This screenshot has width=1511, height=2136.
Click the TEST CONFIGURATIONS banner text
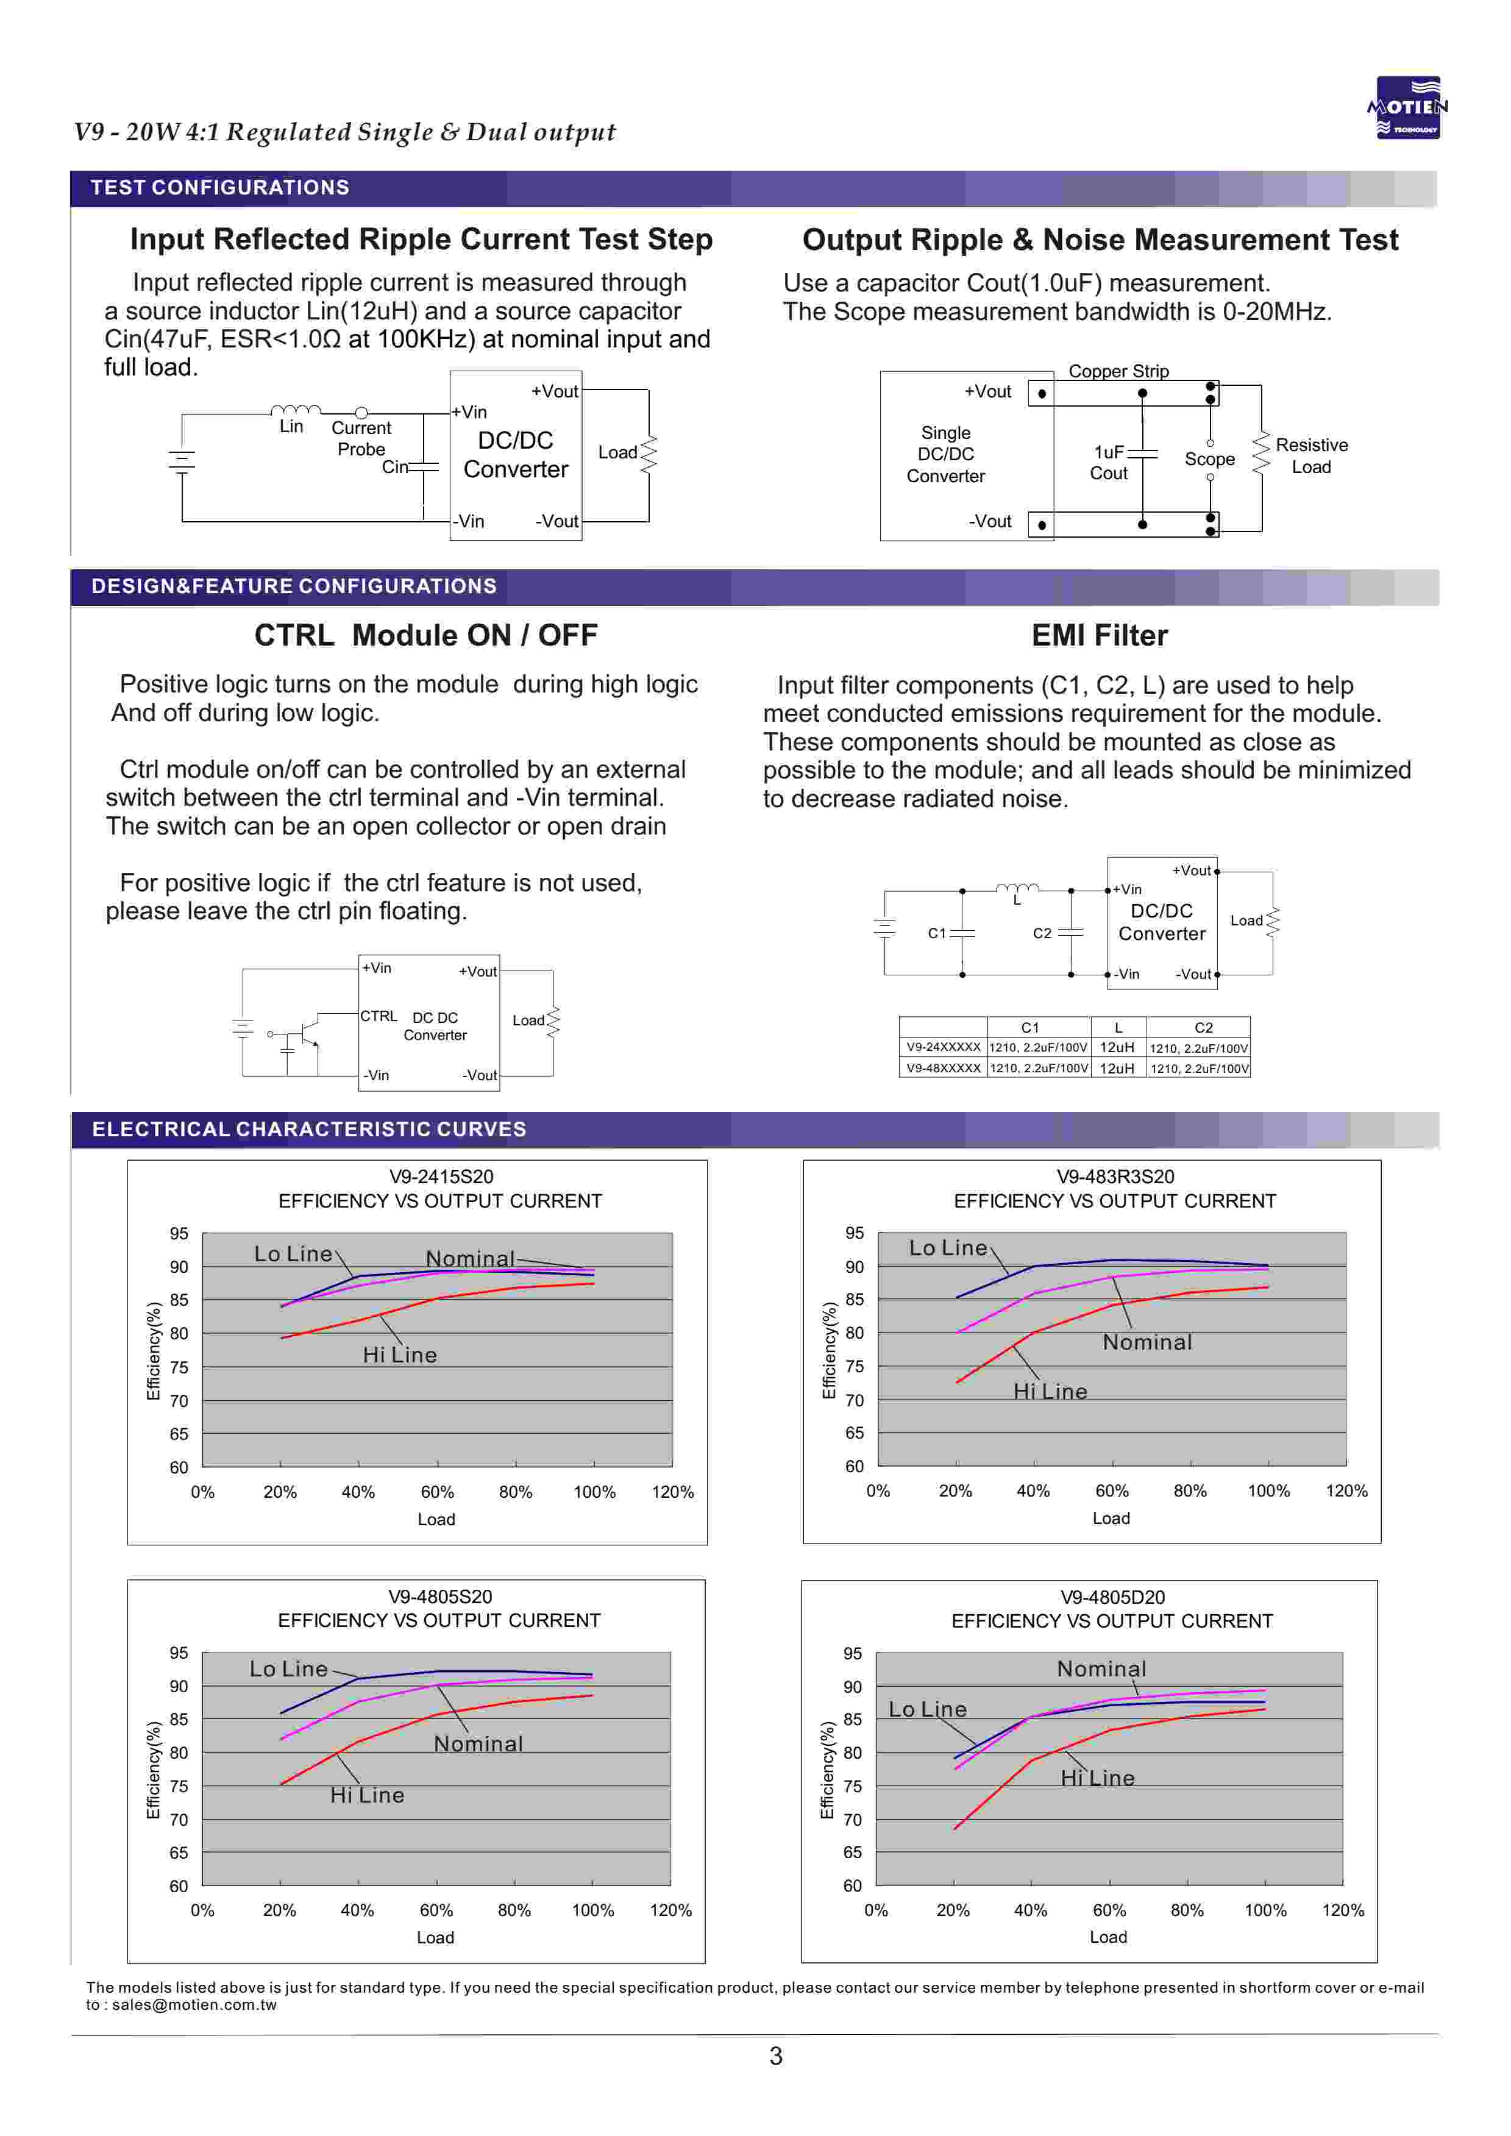pyautogui.click(x=219, y=188)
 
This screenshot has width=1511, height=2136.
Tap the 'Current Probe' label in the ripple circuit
pyautogui.click(x=361, y=438)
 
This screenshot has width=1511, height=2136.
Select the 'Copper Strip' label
pyautogui.click(x=1118, y=371)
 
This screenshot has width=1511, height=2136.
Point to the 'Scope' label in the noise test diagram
pyautogui.click(x=1209, y=460)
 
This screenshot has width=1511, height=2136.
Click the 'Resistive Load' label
pyautogui.click(x=1311, y=456)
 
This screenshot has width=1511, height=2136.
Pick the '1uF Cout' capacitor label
pyautogui.click(x=1109, y=462)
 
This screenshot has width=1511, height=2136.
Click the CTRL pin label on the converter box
pyautogui.click(x=379, y=1016)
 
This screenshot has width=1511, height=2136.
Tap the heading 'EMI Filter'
pyautogui.click(x=1099, y=635)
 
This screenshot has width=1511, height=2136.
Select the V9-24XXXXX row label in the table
pyautogui.click(x=944, y=1047)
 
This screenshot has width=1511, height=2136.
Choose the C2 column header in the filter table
pyautogui.click(x=1203, y=1028)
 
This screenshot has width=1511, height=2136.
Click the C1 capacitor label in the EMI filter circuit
pyautogui.click(x=937, y=933)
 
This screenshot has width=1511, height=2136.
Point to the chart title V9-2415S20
pyautogui.click(x=441, y=1177)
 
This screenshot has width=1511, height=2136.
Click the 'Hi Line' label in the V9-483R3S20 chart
pyautogui.click(x=1050, y=1392)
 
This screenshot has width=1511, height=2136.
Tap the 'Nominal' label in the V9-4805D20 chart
pyautogui.click(x=1101, y=1669)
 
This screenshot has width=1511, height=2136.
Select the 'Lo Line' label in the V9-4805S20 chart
pyautogui.click(x=288, y=1669)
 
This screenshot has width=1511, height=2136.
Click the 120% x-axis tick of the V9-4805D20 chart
pyautogui.click(x=1343, y=1910)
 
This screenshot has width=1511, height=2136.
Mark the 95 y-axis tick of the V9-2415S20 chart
pyautogui.click(x=179, y=1234)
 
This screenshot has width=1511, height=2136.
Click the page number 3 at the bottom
pyautogui.click(x=776, y=2057)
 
